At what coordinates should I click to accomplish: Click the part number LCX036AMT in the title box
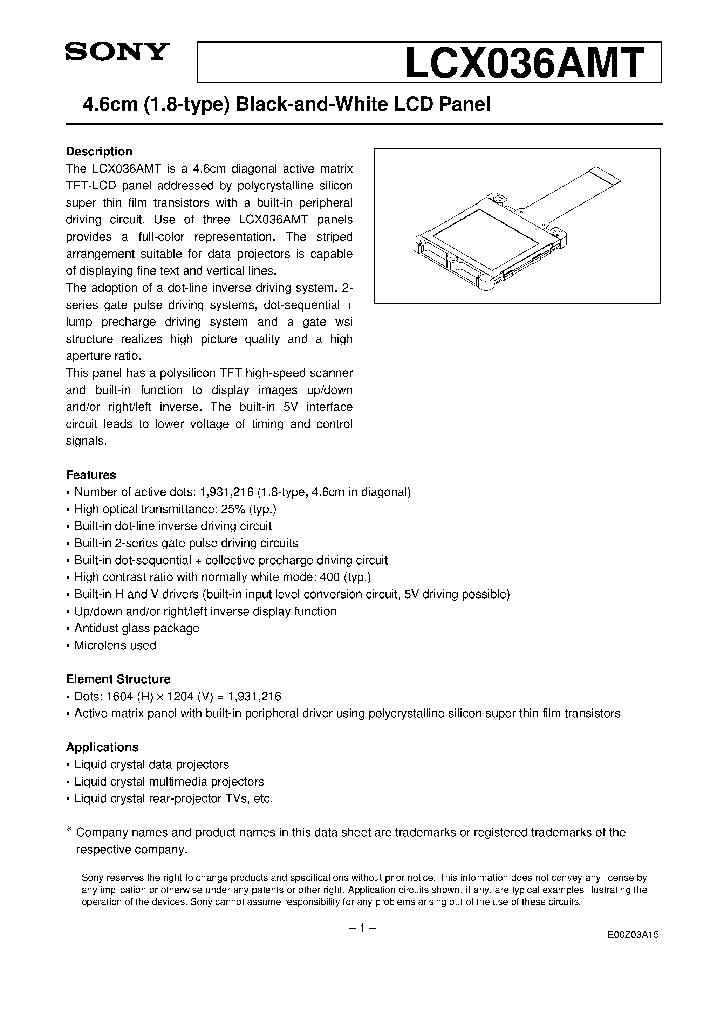[x=525, y=63]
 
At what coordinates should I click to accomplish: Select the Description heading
[x=99, y=152]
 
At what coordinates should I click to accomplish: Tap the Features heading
[x=91, y=475]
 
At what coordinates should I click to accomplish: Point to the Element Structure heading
[x=118, y=679]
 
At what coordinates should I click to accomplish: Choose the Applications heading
[x=102, y=747]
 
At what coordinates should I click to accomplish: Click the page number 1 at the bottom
[x=362, y=928]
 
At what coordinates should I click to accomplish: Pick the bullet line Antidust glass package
[x=137, y=628]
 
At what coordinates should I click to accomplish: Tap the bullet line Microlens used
[x=115, y=645]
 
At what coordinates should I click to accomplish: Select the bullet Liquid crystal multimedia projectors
[x=169, y=781]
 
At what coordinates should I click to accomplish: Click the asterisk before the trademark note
[x=69, y=830]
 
